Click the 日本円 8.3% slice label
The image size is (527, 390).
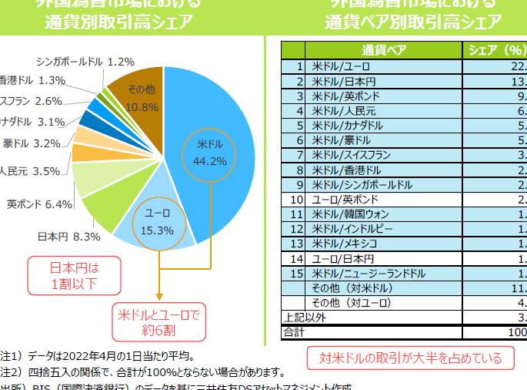click(70, 237)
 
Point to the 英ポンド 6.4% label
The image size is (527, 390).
click(39, 204)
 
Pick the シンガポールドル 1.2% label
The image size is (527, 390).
click(85, 61)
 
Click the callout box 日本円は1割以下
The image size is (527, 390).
click(75, 277)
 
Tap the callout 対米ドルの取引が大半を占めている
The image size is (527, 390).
click(405, 358)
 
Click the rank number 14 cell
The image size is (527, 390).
click(297, 258)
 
